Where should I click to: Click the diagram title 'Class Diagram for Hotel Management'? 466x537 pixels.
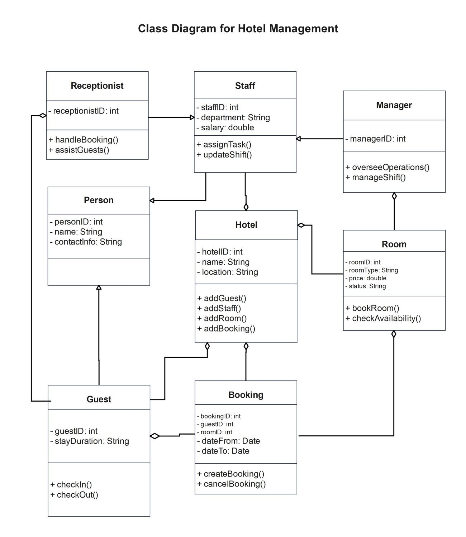238,29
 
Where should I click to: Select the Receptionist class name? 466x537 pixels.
97,86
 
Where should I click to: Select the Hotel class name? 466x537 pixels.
246,225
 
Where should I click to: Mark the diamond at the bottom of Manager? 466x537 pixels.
394,196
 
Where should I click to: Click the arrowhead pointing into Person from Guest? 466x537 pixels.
99,287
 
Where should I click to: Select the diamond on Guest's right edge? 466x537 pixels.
155,436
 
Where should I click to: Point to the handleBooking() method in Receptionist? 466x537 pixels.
83,140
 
